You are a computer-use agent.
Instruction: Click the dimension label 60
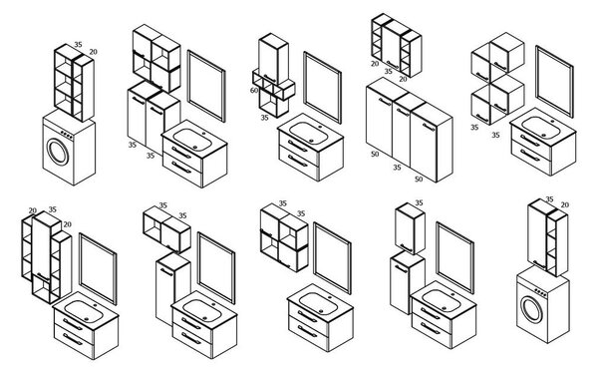point(254,90)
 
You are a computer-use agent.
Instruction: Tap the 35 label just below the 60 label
point(265,118)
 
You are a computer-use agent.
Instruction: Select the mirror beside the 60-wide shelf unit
point(322,88)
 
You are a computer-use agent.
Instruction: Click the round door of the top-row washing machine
point(58,152)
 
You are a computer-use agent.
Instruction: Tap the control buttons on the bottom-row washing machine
point(540,292)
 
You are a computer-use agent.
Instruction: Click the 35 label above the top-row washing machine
point(78,44)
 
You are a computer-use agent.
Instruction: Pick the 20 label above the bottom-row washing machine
point(565,205)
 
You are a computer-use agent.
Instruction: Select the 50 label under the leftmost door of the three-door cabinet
point(375,154)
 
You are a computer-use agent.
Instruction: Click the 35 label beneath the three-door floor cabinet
point(397,168)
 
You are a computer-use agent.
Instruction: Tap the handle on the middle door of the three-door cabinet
point(403,113)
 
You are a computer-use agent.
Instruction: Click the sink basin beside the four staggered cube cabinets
point(541,127)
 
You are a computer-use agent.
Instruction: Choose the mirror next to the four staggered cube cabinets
point(554,82)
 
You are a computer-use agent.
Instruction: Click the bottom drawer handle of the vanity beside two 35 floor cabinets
point(181,168)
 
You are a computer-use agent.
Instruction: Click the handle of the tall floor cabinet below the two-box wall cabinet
point(166,272)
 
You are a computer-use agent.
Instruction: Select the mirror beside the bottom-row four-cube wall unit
point(332,258)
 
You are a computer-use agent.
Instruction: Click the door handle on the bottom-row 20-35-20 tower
point(43,277)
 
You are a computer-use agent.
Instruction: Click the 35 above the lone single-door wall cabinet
point(419,202)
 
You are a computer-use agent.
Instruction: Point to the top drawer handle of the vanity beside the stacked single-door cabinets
point(431,313)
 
